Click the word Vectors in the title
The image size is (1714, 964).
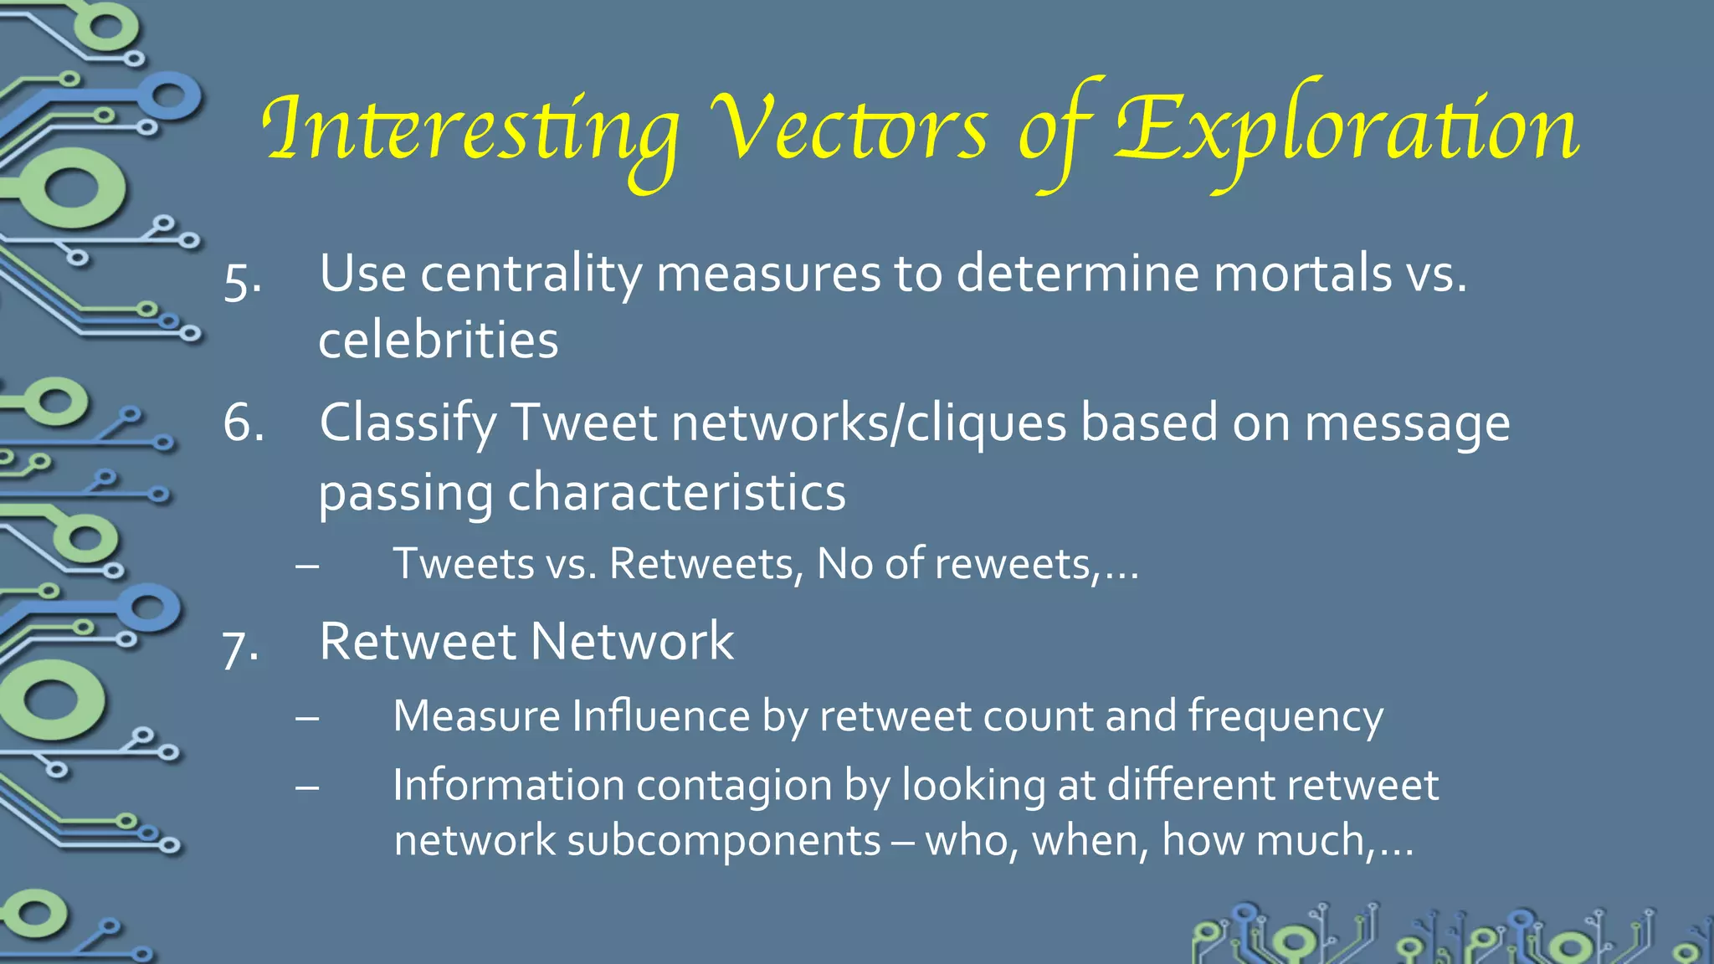pos(849,130)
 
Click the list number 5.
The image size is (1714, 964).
pos(242,282)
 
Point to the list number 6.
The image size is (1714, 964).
pos(244,423)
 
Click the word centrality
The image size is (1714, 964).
pos(531,274)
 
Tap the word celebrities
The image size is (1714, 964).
pos(438,340)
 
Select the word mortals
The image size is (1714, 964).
pos(1302,274)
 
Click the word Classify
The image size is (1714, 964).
pos(408,424)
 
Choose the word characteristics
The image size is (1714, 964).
pos(676,491)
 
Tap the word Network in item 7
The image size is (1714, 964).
pos(632,642)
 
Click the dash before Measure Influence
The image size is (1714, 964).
pos(307,718)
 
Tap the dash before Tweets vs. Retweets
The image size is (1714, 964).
pos(307,566)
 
